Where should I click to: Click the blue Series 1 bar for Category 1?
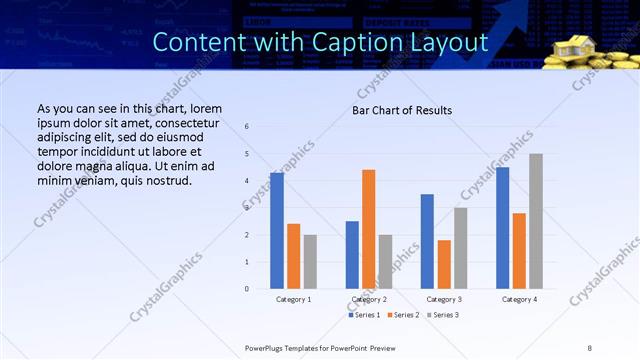pos(277,231)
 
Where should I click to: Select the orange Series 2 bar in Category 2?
pos(368,229)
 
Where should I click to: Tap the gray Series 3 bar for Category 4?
pos(536,221)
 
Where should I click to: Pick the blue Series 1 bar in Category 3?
pos(427,241)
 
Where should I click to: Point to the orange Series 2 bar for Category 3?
pos(444,264)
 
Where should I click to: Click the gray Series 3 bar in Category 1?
pos(310,261)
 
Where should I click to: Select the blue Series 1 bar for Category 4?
pos(502,228)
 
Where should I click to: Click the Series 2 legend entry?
pos(402,315)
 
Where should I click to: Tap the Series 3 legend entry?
pos(443,315)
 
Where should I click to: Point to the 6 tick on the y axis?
pos(247,127)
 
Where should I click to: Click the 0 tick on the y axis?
pos(247,289)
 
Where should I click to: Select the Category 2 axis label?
pos(369,299)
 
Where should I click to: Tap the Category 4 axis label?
pos(519,299)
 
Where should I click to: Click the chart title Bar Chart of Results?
pos(402,110)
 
